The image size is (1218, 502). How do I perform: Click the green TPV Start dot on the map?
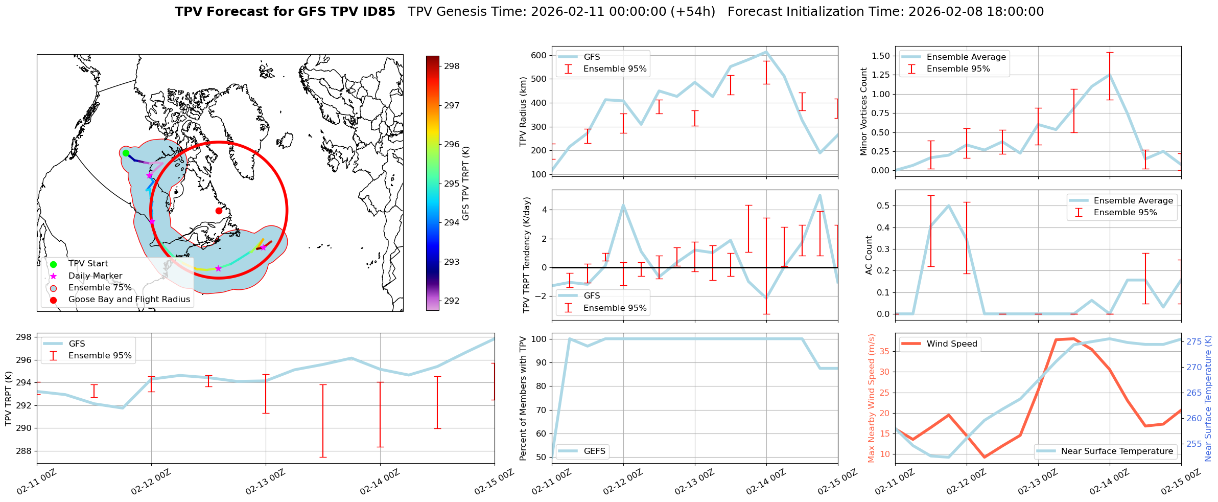pos(126,153)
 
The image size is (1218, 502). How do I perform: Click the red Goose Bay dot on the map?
pos(219,211)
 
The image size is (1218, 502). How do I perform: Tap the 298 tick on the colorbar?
pos(451,66)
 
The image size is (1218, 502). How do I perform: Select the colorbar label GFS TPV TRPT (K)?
pos(465,184)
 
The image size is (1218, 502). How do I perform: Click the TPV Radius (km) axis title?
pos(523,111)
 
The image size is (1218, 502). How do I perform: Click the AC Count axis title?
pos(869,255)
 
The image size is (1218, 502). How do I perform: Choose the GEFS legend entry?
pos(594,451)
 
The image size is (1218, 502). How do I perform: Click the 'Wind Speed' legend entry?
pos(952,344)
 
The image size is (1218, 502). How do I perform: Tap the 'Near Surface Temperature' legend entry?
pos(1117,451)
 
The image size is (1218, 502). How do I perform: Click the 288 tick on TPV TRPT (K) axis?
pos(24,451)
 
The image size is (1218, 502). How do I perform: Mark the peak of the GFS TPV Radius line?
pos(766,52)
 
